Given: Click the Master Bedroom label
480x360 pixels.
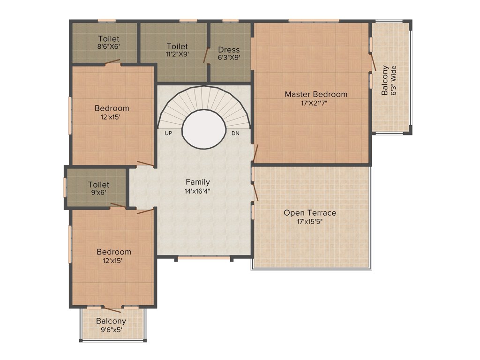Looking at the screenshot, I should click(x=316, y=94).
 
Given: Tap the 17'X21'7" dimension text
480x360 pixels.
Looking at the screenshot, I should click(x=316, y=103).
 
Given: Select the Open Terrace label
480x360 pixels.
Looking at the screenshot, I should click(x=310, y=213).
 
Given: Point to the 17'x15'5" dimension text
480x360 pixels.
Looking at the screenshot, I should click(x=310, y=222).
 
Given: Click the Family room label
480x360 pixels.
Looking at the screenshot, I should click(x=197, y=182).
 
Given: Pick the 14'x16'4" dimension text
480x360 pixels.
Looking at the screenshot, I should click(x=197, y=191).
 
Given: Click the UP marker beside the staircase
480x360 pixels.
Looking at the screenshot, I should click(x=168, y=133).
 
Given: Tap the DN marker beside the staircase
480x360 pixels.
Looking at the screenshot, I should click(x=236, y=133).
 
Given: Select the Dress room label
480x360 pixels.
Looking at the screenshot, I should click(x=229, y=50).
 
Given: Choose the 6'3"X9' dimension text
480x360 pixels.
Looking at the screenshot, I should click(x=229, y=58).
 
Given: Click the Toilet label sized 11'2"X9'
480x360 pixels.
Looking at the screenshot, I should click(x=177, y=46).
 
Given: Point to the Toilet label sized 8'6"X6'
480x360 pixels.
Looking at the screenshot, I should click(x=108, y=38).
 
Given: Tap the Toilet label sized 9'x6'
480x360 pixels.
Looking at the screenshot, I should click(x=98, y=185).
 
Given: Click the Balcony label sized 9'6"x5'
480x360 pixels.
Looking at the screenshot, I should click(x=111, y=321).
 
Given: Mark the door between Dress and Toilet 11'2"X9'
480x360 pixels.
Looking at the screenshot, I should click(x=206, y=55).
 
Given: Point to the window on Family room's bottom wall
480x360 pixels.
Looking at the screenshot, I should click(x=204, y=257).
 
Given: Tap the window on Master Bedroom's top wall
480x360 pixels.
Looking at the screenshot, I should click(x=313, y=20).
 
